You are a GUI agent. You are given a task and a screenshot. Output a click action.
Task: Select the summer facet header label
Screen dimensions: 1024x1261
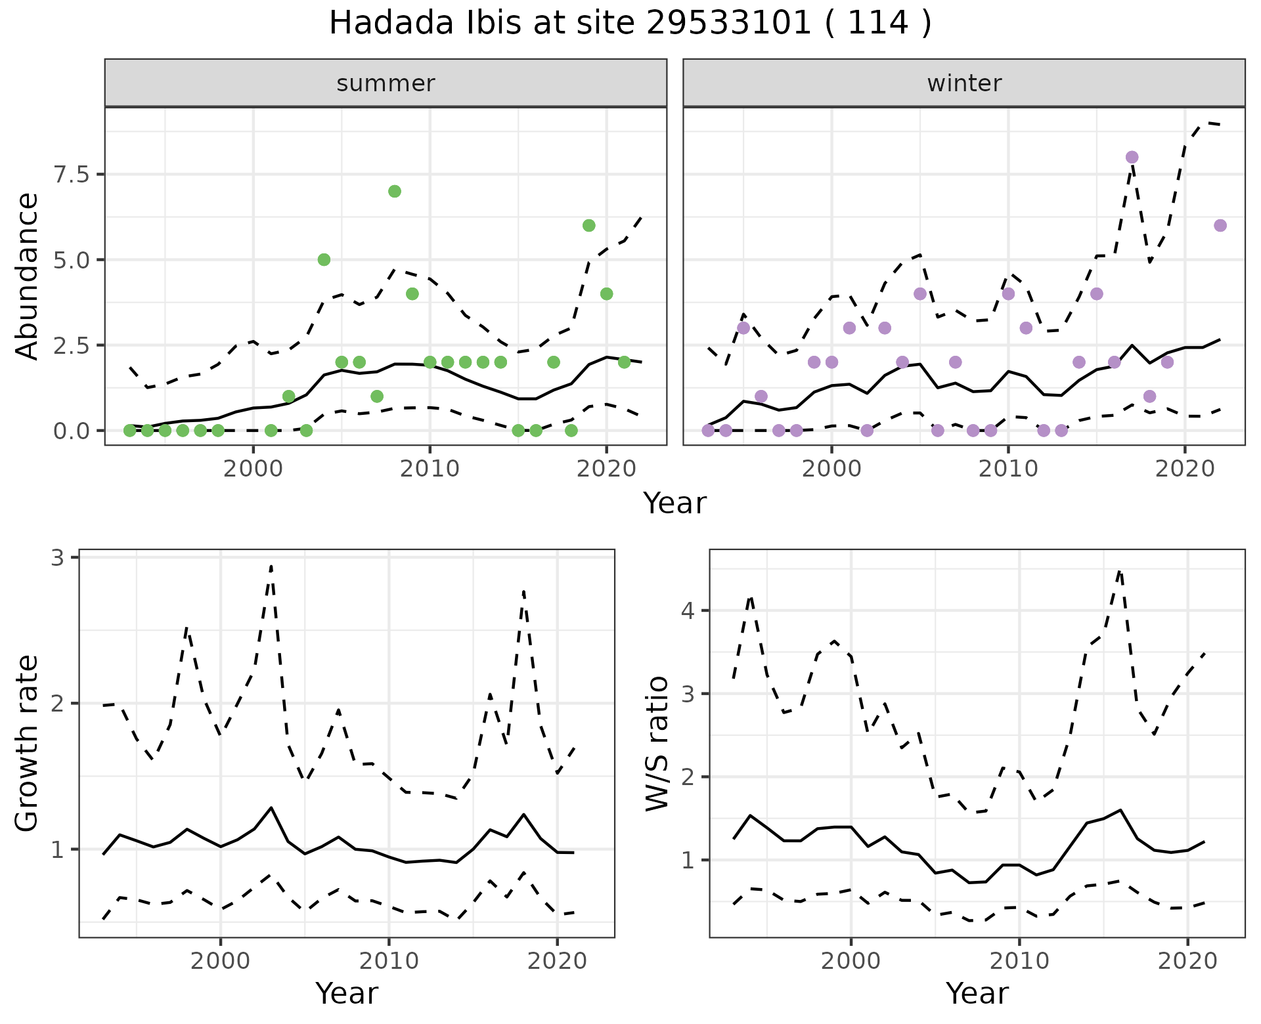click(x=386, y=83)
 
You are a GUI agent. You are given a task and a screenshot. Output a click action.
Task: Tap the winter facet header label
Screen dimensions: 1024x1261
click(x=963, y=83)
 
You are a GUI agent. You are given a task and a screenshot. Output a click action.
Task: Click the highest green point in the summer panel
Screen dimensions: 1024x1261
click(x=395, y=191)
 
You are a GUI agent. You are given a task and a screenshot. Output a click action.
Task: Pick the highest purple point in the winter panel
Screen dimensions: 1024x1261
click(x=1132, y=157)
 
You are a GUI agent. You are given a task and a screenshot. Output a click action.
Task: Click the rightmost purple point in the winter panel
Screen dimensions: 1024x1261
click(x=1220, y=225)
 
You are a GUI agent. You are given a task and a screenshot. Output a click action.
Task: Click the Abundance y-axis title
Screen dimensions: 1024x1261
click(x=28, y=276)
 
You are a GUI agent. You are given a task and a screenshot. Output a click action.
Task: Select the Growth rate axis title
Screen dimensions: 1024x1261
click(x=28, y=743)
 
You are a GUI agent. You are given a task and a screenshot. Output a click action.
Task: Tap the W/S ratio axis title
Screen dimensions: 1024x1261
click(x=657, y=743)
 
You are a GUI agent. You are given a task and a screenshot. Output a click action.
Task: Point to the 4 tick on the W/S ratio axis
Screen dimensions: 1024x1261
click(x=688, y=611)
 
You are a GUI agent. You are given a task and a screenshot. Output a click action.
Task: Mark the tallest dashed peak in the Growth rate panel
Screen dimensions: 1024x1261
click(x=271, y=566)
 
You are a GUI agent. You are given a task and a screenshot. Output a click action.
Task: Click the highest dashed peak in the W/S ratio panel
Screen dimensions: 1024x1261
click(x=1120, y=572)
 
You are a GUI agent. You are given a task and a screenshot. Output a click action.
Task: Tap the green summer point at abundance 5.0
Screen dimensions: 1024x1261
click(x=324, y=259)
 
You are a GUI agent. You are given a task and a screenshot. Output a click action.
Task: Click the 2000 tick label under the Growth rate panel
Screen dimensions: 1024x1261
click(x=221, y=961)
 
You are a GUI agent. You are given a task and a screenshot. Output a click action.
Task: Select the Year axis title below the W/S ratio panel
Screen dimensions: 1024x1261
click(x=977, y=993)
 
